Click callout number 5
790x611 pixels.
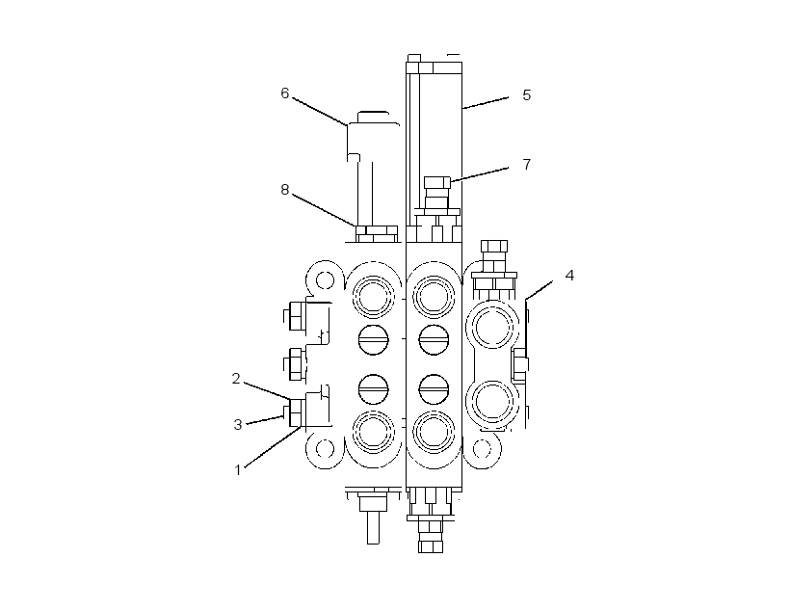point(526,95)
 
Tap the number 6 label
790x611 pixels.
point(284,93)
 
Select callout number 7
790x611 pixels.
point(526,165)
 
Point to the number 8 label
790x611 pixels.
point(284,190)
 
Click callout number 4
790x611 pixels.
point(569,276)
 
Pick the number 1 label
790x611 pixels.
point(238,470)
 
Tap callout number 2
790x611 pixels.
point(236,378)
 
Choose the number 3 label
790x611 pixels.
point(238,424)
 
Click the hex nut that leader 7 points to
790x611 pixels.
point(436,182)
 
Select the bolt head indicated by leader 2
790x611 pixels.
point(296,412)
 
